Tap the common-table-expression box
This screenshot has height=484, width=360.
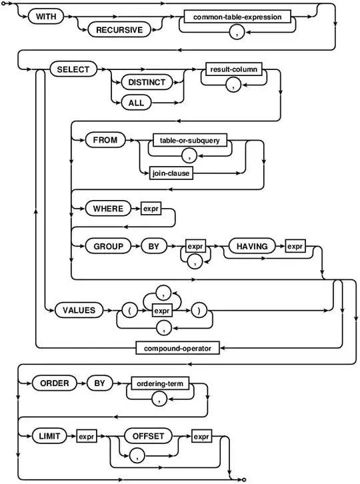tap(237, 16)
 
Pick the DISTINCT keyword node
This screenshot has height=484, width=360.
tap(145, 83)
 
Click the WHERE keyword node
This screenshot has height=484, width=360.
tap(108, 209)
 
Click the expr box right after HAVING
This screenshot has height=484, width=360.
tap(295, 246)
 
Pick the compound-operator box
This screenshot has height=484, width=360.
tap(177, 347)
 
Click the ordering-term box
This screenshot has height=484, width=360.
tap(159, 385)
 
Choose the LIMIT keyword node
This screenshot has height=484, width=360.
tap(50, 436)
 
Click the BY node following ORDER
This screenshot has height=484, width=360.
tap(96, 385)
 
